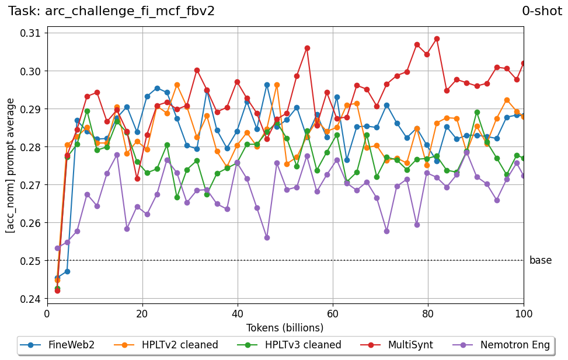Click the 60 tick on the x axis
[x=333, y=313]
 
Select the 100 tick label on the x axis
[x=524, y=313]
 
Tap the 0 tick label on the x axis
[x=47, y=313]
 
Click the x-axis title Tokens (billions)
[x=285, y=327]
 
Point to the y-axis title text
[x=11, y=166]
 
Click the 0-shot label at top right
[x=542, y=11]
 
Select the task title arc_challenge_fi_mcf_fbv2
[x=111, y=11]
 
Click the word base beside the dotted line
[x=540, y=261]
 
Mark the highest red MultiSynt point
[x=437, y=39]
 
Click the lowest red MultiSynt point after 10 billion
[x=137, y=179]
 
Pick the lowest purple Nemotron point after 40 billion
[x=267, y=237]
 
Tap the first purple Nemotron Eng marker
[x=57, y=248]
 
